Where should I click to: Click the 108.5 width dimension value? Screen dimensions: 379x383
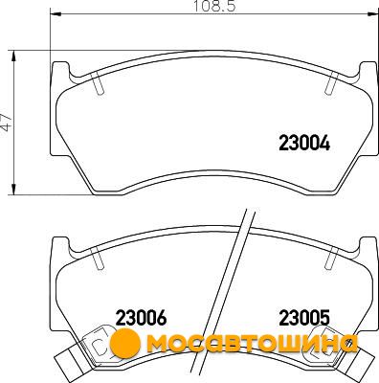click(214, 7)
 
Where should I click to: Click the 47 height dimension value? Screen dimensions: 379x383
click(6, 122)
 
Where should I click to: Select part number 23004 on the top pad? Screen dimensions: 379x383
click(304, 143)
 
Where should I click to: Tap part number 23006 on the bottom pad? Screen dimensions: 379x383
click(141, 318)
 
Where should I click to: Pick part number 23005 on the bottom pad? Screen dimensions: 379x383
click(304, 318)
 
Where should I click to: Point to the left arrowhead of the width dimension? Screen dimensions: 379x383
click(56, 13)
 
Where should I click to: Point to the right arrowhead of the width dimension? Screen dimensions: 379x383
click(372, 13)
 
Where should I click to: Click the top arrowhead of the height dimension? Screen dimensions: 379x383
click(13, 56)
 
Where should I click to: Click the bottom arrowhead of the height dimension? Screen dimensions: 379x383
click(13, 189)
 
